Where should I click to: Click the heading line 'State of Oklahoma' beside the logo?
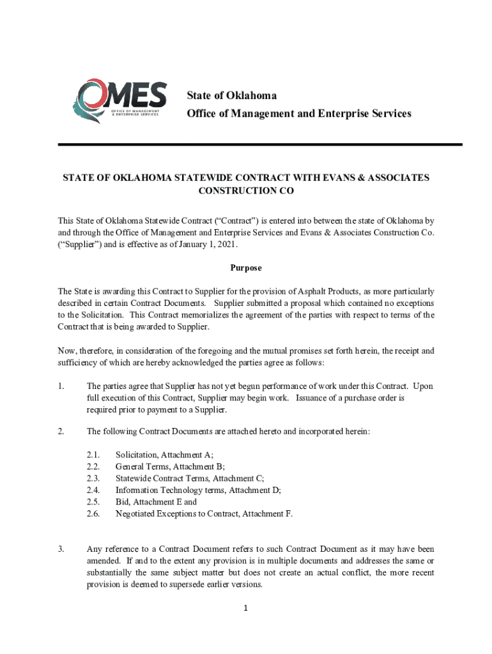231,96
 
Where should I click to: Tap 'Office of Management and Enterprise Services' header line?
299,114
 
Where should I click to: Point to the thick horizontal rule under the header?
259,145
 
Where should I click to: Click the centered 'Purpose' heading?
246,268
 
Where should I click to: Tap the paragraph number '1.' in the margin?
61,386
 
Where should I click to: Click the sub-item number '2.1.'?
93,455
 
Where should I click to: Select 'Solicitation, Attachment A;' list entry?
164,455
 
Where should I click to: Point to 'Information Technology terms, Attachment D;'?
198,490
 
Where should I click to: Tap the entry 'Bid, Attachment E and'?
156,501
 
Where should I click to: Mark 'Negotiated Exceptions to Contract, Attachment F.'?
204,513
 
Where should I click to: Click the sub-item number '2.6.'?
93,513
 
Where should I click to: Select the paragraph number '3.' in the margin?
61,549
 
